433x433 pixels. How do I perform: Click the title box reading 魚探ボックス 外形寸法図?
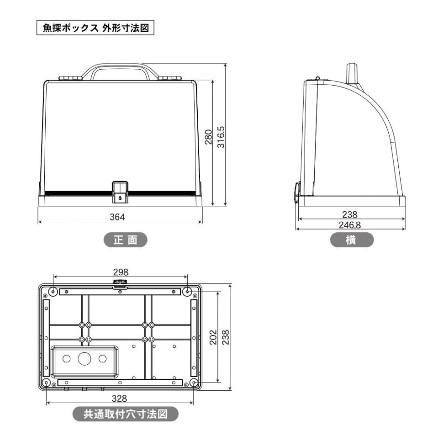[x=96, y=27]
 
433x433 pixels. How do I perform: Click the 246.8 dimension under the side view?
[x=351, y=224]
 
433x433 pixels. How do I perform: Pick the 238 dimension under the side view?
[x=351, y=215]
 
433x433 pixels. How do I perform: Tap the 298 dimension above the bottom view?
[x=120, y=272]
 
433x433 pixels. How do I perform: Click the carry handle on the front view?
[x=120, y=68]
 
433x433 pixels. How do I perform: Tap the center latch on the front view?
[x=120, y=191]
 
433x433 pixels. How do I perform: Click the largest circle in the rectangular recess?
[x=84, y=358]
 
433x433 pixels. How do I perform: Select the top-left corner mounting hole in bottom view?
[x=53, y=290]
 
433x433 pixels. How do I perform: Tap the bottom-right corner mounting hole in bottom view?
[x=193, y=382]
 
